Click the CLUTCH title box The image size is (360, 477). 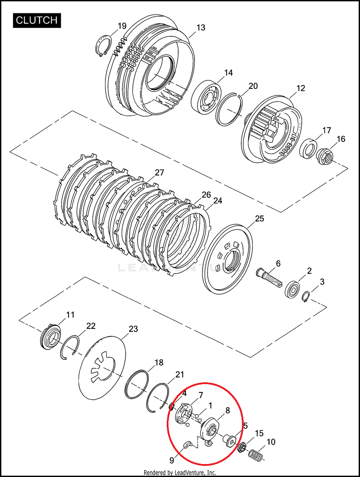pyautogui.click(x=37, y=21)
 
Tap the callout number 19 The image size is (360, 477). pyautogui.click(x=122, y=26)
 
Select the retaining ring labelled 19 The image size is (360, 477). pyautogui.click(x=104, y=46)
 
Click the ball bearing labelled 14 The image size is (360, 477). pyautogui.click(x=206, y=98)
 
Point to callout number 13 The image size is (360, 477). pyautogui.click(x=201, y=27)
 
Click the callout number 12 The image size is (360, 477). pyautogui.click(x=301, y=88)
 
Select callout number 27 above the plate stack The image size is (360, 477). pyautogui.click(x=159, y=172)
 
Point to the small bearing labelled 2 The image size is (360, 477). pyautogui.click(x=292, y=289)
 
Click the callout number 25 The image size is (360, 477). pyautogui.click(x=260, y=219)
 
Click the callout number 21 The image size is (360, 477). pyautogui.click(x=180, y=375)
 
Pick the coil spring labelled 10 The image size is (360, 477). pyautogui.click(x=256, y=455)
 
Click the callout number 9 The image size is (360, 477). pyautogui.click(x=172, y=460)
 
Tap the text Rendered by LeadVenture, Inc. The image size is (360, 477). pyautogui.click(x=180, y=473)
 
